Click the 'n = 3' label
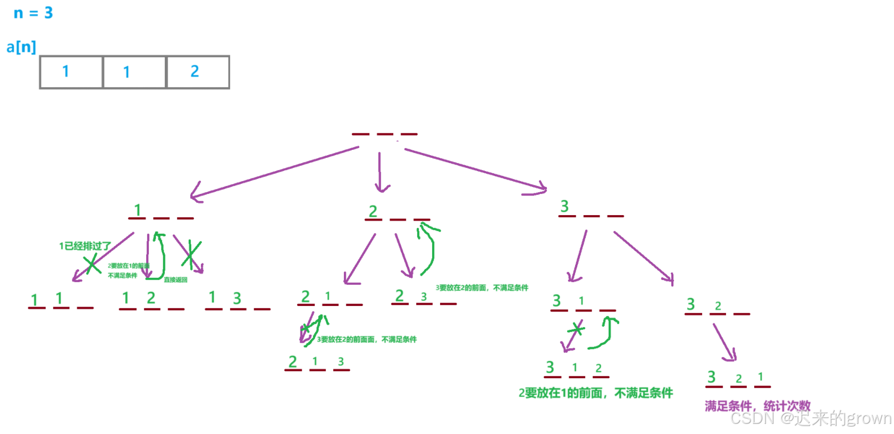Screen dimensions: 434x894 pos(33,13)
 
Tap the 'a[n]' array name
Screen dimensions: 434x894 pos(21,47)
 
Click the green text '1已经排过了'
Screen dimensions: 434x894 pos(85,246)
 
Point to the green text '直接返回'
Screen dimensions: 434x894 pos(175,279)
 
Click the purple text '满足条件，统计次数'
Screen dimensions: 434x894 pos(757,406)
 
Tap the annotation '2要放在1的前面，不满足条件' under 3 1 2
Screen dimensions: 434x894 pos(596,393)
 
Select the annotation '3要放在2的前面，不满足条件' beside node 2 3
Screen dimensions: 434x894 pos(482,288)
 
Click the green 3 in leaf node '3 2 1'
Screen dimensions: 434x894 pos(711,377)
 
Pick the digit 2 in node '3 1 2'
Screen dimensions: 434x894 pos(598,368)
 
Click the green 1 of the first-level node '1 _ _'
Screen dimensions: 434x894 pos(138,210)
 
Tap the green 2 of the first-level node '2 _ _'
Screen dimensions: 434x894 pos(373,211)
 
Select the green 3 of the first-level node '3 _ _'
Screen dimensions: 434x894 pos(564,206)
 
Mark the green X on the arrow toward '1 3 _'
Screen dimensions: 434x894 pos(191,254)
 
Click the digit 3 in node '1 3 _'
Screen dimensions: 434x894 pos(237,299)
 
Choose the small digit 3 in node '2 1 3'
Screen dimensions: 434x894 pos(341,362)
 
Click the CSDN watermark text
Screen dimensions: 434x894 pos(811,419)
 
